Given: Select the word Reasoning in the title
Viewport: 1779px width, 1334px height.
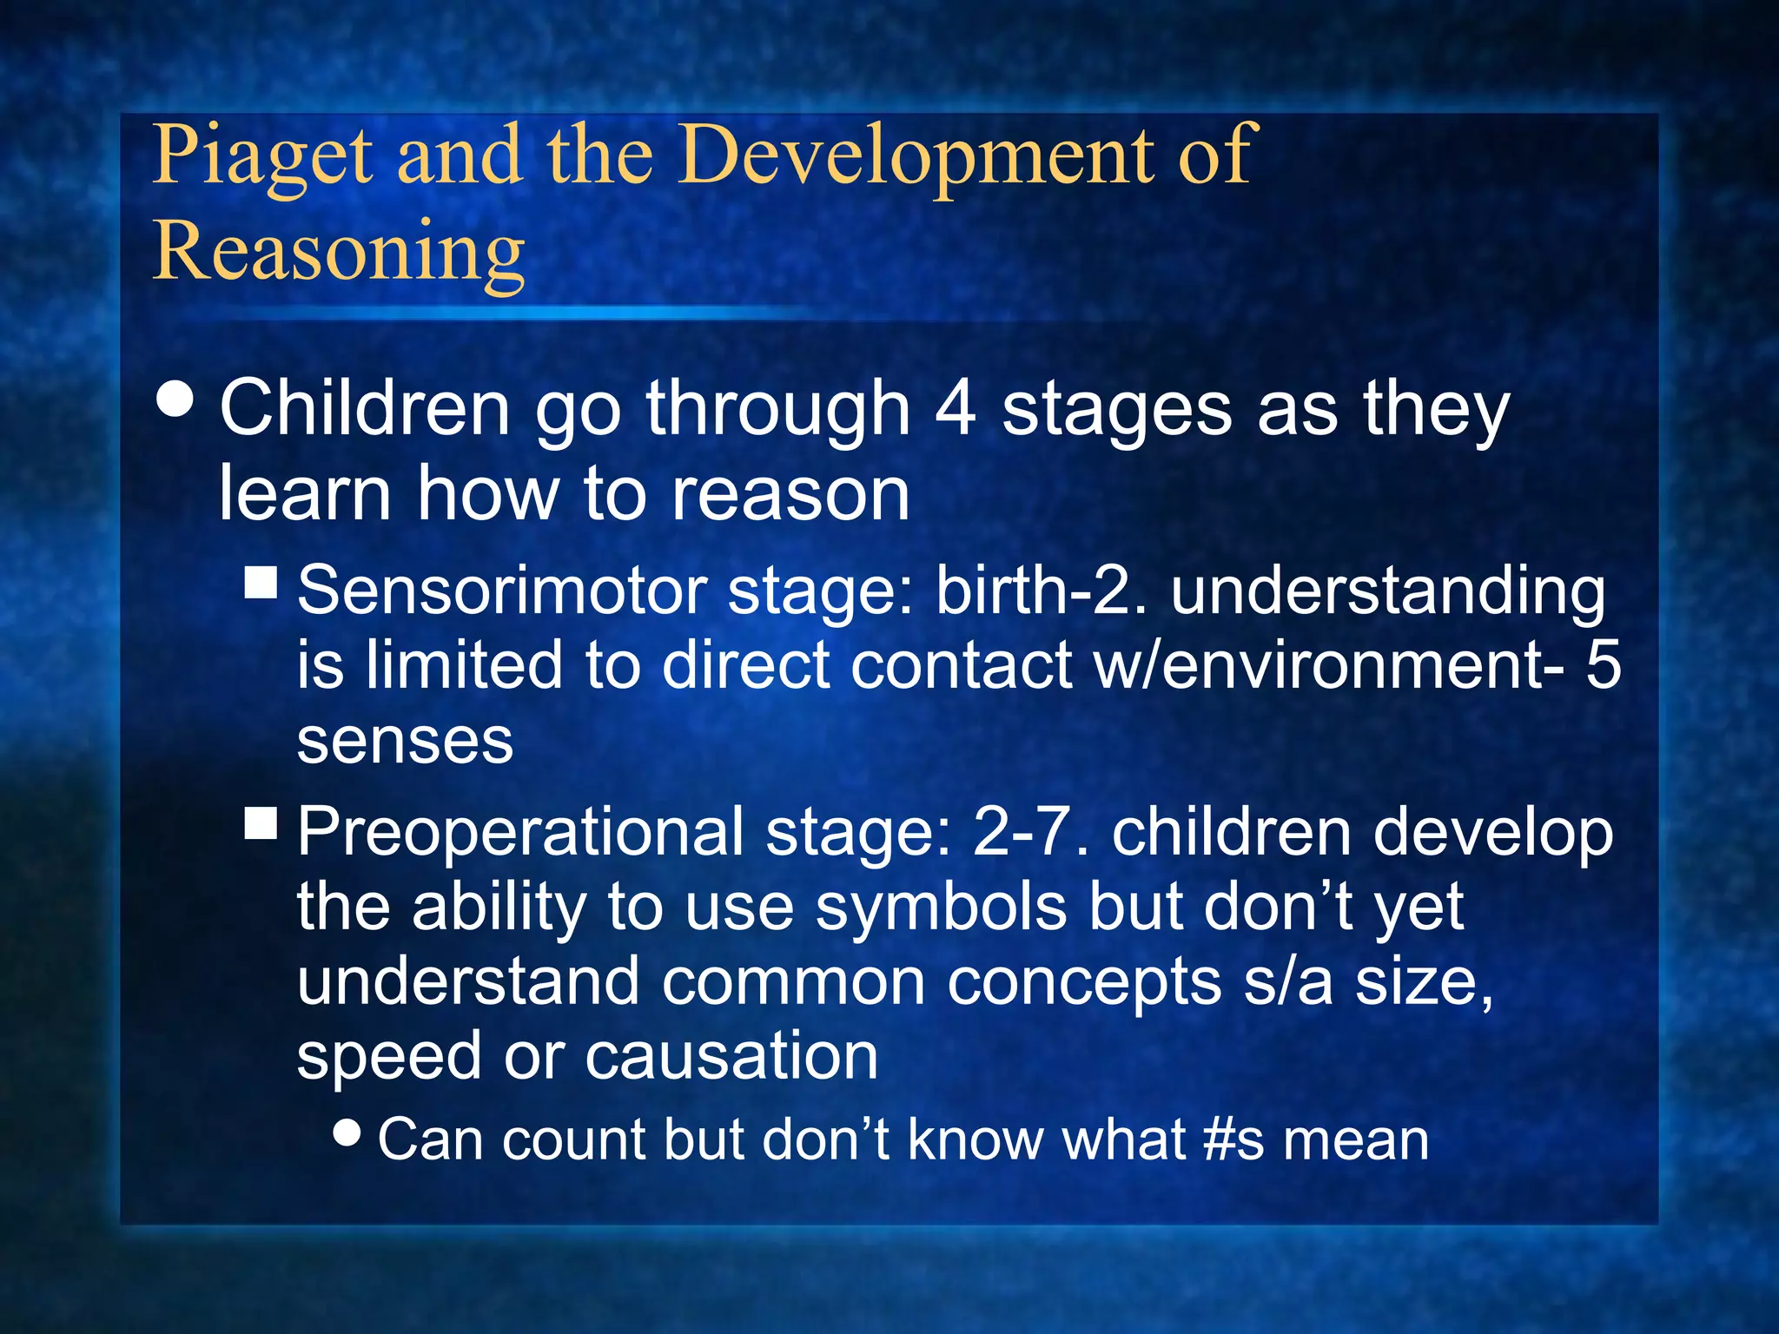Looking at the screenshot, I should (x=339, y=252).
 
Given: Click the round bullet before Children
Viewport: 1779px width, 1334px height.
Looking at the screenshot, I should (x=175, y=401).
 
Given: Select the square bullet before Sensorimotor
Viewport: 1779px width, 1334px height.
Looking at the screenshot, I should (x=261, y=583).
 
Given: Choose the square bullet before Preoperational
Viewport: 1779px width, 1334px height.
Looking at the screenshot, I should (x=261, y=822).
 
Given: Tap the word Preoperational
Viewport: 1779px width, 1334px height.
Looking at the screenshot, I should (x=521, y=832).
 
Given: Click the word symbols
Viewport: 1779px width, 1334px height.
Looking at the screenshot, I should (x=941, y=908).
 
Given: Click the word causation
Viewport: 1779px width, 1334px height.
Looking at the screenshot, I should (x=731, y=1057).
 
